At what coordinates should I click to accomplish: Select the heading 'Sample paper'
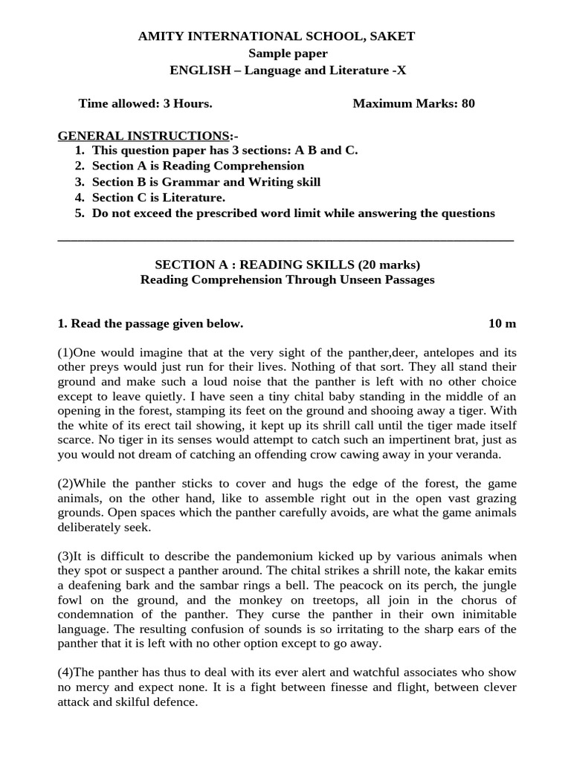tap(288, 53)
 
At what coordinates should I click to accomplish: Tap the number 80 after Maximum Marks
tap(468, 103)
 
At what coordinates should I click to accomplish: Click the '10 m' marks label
tap(502, 323)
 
